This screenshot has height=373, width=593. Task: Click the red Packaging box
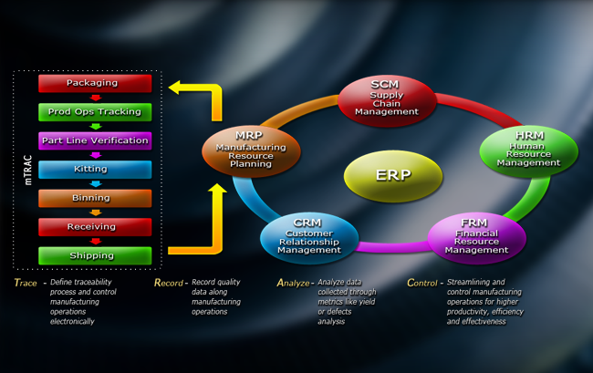[x=95, y=83]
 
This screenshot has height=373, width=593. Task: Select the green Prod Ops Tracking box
[x=95, y=111]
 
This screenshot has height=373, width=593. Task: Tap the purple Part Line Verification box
[x=95, y=140]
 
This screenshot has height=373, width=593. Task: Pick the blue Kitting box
[x=95, y=169]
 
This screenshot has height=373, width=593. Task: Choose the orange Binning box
[x=95, y=198]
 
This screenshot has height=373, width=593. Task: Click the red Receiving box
[x=95, y=226]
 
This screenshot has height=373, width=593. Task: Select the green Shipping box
[x=95, y=255]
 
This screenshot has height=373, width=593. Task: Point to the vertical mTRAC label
[x=25, y=170]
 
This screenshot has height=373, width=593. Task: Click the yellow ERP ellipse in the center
[x=393, y=175]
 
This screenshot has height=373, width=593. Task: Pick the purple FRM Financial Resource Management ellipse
[x=476, y=235]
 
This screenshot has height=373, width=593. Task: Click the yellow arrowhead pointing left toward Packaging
[x=176, y=88]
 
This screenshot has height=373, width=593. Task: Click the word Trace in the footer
[x=25, y=283]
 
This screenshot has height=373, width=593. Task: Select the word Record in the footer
[x=169, y=283]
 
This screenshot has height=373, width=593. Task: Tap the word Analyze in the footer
[x=294, y=283]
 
